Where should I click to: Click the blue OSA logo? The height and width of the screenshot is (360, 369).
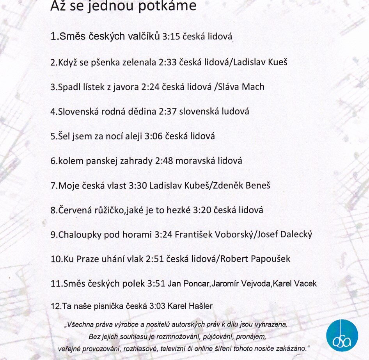point(342,335)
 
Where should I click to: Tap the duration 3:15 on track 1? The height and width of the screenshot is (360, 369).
point(170,37)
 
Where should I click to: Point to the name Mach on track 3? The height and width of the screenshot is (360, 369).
point(253,87)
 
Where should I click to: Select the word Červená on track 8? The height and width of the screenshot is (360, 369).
point(76,210)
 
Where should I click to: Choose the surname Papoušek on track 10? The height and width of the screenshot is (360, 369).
point(268,259)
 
